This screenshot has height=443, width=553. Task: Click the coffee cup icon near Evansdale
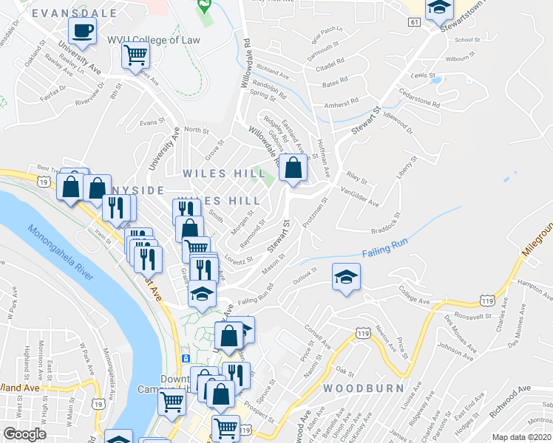pyautogui.click(x=82, y=31)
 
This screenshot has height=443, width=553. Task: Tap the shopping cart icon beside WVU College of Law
pyautogui.click(x=135, y=54)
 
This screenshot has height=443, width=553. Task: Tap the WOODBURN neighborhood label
pyautogui.click(x=362, y=388)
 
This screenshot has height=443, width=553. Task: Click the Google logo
pyautogui.click(x=24, y=434)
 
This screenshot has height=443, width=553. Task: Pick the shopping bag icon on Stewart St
pyautogui.click(x=294, y=168)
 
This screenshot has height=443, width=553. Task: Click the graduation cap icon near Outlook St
pyautogui.click(x=345, y=278)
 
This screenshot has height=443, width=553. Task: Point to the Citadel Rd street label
pyautogui.click(x=330, y=61)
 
